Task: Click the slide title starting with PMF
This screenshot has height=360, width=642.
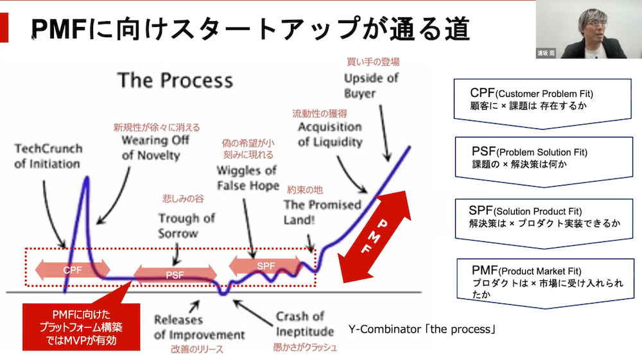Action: [x=250, y=29]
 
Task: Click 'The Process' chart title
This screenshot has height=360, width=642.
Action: [x=175, y=80]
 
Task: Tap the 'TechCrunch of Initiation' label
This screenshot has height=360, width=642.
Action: [x=48, y=156]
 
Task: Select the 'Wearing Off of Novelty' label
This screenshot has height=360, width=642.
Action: [x=155, y=147]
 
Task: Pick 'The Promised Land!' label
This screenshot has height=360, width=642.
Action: [x=322, y=212]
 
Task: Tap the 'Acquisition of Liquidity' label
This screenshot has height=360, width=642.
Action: [x=329, y=134]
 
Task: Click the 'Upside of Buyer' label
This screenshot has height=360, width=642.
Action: [x=371, y=85]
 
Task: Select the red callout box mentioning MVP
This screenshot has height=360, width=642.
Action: [x=81, y=326]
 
